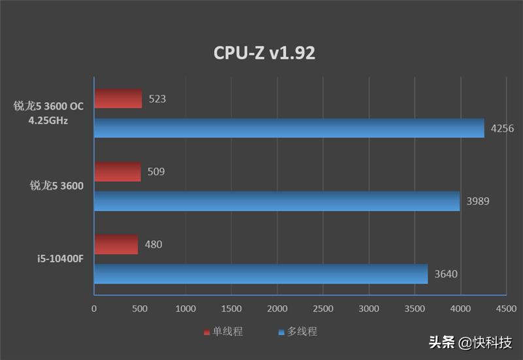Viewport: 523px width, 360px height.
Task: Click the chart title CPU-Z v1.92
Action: (264, 53)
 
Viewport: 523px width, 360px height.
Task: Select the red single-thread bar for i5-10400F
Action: (116, 244)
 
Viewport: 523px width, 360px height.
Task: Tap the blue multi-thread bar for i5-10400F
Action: (261, 274)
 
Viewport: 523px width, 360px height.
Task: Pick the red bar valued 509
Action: (118, 172)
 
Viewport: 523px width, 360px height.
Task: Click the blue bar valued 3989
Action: (277, 201)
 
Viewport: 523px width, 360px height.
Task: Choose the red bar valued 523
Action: (118, 99)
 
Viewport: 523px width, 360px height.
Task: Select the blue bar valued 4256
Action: (289, 128)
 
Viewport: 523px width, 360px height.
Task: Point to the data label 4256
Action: (502, 129)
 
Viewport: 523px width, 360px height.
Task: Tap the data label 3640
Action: (445, 274)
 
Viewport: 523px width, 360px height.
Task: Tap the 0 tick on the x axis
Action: (94, 308)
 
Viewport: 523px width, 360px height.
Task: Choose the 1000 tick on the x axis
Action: (186, 308)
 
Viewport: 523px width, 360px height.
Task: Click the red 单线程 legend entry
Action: (223, 332)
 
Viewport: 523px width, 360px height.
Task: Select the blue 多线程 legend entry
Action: (297, 332)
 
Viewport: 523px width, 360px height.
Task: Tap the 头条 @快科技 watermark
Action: (470, 342)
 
